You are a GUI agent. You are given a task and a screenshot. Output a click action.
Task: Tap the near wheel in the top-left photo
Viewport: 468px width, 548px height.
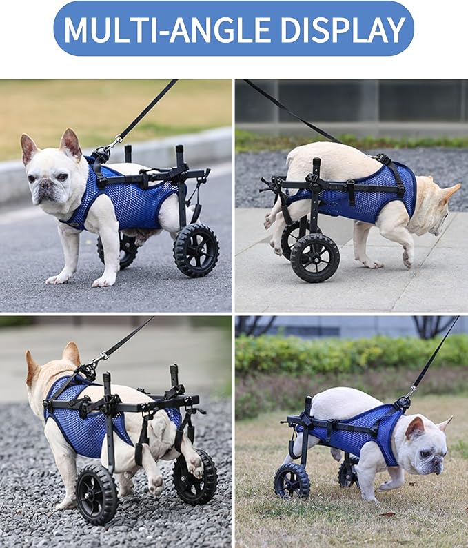[x=196, y=250]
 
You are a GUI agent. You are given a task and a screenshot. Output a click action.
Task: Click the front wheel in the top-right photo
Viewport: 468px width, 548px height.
[x=314, y=257]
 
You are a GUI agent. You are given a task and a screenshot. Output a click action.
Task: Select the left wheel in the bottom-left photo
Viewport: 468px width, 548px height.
[x=96, y=494]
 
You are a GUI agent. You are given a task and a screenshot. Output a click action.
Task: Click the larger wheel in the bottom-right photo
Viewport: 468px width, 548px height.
[x=292, y=480]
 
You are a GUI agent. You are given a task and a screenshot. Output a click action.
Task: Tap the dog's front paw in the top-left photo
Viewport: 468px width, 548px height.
[x=103, y=280]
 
